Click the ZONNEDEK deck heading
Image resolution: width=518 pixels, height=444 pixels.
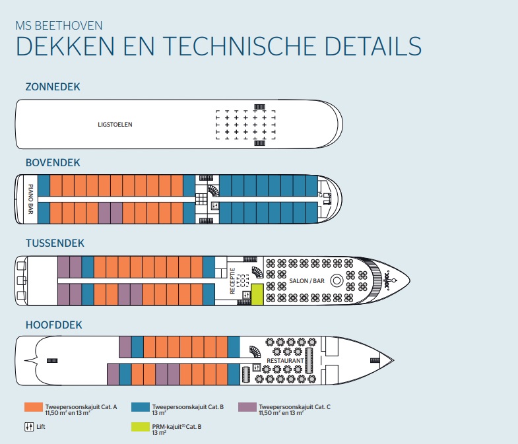[x=53, y=86]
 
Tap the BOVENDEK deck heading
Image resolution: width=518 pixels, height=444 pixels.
[x=53, y=162]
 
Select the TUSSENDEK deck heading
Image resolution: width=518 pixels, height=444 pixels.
[x=55, y=243]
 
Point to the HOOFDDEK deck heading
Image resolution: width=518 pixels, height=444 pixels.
[x=53, y=325]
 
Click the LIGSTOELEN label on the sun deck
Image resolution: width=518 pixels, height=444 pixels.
[x=112, y=124]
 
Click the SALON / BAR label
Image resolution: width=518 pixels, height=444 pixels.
[x=307, y=281]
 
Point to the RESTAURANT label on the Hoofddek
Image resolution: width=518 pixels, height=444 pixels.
[x=285, y=361]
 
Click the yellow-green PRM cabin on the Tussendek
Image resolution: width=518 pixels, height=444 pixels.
[x=257, y=294]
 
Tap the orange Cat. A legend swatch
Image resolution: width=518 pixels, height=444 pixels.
[x=33, y=407]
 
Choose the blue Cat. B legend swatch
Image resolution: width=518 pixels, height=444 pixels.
[x=140, y=407]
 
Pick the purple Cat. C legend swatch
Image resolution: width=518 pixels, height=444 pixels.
[x=247, y=407]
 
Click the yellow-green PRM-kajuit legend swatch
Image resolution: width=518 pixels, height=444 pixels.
[x=140, y=427]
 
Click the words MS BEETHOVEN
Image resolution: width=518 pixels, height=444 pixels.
[x=58, y=26]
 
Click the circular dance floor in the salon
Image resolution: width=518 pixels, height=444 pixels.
[x=336, y=280]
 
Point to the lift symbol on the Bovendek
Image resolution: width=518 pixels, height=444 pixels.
[x=215, y=206]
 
